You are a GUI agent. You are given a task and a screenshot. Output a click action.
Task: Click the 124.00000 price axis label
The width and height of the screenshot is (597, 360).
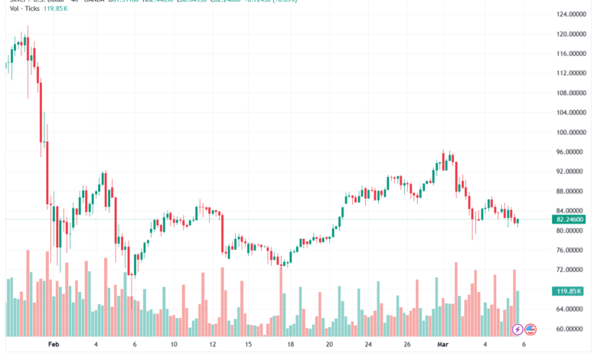click(x=571, y=15)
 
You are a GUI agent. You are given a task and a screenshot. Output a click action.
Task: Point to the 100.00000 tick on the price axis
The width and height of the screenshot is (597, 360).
click(x=571, y=133)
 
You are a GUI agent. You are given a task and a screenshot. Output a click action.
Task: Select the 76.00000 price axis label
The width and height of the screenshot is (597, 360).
click(x=571, y=250)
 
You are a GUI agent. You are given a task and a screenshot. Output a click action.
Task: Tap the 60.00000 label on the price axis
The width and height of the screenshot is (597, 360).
click(x=571, y=329)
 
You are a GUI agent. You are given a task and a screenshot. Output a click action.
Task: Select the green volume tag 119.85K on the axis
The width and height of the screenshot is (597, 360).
click(x=570, y=292)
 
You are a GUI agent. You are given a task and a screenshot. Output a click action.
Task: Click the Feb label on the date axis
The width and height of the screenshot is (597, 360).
click(x=54, y=345)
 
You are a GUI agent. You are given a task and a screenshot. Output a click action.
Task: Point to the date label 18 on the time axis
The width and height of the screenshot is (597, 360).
click(x=290, y=345)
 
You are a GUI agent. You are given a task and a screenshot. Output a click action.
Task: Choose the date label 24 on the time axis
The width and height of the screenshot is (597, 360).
click(x=368, y=345)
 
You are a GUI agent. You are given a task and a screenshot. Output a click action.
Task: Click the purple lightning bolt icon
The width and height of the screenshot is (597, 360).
click(x=518, y=329)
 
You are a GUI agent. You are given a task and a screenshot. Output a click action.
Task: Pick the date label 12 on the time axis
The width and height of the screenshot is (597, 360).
click(x=213, y=345)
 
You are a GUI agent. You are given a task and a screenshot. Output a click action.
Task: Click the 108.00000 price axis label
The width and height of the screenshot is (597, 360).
click(x=571, y=93)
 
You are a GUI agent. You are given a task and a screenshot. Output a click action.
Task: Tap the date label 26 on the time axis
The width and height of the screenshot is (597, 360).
click(x=407, y=345)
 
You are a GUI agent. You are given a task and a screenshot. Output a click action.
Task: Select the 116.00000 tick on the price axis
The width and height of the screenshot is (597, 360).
click(x=571, y=54)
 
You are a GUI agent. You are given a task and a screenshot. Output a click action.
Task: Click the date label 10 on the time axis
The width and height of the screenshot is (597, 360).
click(x=174, y=345)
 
